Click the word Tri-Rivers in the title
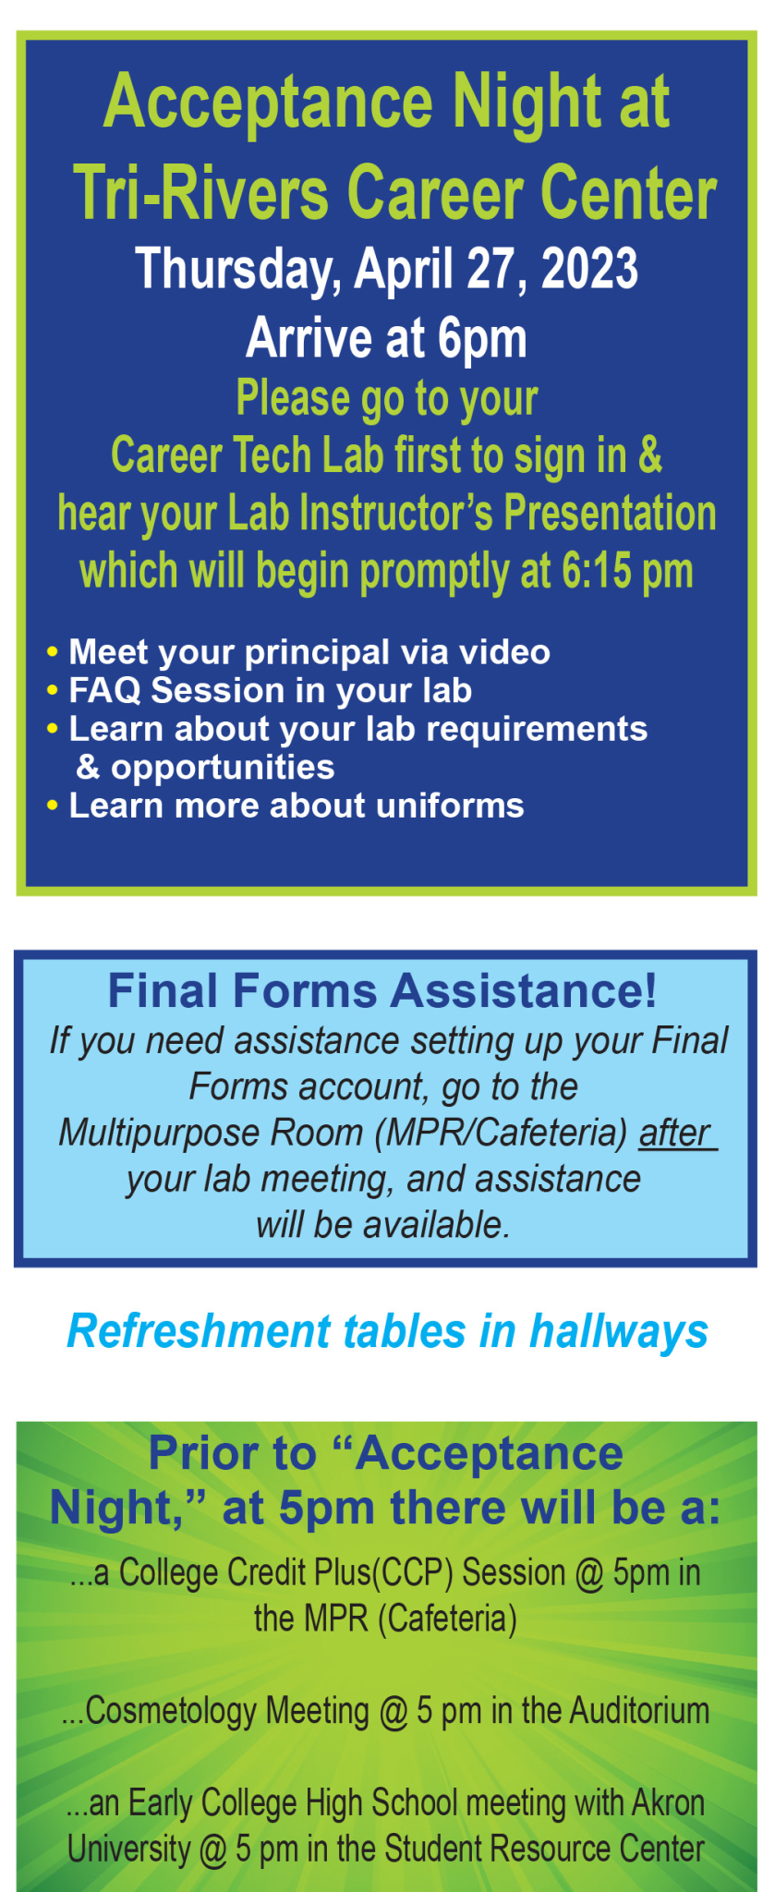(x=201, y=193)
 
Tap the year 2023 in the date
(x=589, y=269)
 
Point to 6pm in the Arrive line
(x=482, y=339)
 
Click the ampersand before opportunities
(x=88, y=767)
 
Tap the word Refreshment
(x=200, y=1332)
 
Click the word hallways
(x=619, y=1333)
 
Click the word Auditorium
(x=638, y=1711)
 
